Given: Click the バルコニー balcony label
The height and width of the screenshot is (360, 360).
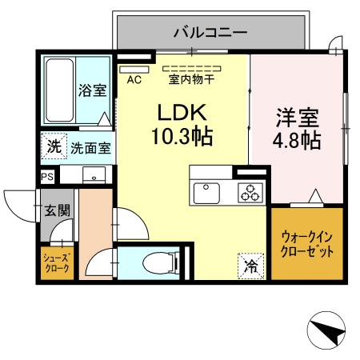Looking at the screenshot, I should tap(210, 33).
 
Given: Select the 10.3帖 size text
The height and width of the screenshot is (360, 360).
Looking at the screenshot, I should tap(181, 137).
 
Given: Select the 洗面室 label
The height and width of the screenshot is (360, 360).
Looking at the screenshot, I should tap(90, 147).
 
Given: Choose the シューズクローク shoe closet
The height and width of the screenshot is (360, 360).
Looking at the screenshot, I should tap(58, 262).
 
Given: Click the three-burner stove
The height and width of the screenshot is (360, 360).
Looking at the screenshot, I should tap(250, 192).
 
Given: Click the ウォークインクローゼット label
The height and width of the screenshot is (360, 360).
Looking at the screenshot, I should tap(306, 242).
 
